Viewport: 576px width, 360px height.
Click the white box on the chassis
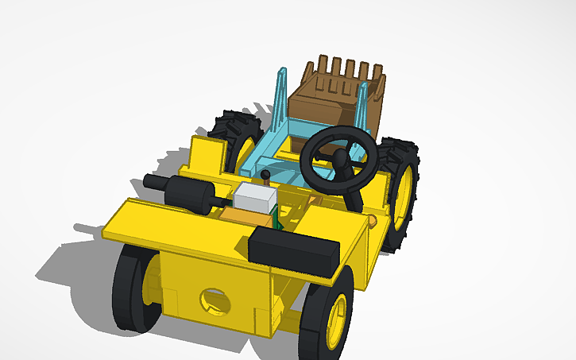click(x=254, y=198)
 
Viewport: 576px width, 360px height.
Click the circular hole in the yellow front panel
click(x=213, y=300)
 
